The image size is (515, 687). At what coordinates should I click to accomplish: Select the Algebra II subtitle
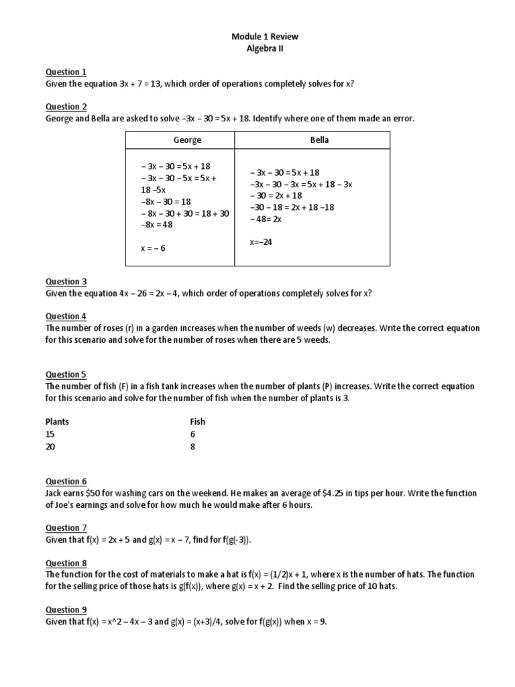[x=257, y=49]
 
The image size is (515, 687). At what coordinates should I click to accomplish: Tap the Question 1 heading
[x=66, y=72]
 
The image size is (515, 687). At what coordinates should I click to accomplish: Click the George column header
[x=187, y=140]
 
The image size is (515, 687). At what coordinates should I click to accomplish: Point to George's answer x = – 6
[x=153, y=248]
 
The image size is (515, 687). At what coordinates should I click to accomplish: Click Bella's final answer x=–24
[x=261, y=242]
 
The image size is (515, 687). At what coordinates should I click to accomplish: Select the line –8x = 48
[x=156, y=225]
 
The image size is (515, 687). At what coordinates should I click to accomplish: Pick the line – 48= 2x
[x=266, y=219]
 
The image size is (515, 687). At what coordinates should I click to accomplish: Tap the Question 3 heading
[x=66, y=282]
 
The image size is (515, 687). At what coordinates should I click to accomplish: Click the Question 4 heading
[x=66, y=317]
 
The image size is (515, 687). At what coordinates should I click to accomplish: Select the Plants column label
[x=57, y=422]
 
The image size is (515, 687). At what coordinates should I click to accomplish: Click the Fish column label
[x=198, y=422]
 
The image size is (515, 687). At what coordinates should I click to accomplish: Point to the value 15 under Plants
[x=50, y=434]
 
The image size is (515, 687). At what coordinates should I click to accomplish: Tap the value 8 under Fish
[x=193, y=446]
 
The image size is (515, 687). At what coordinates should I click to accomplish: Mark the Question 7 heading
[x=66, y=528]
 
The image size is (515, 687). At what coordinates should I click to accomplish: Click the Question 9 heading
[x=66, y=610]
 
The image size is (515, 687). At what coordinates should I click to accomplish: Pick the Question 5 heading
[x=66, y=375]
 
